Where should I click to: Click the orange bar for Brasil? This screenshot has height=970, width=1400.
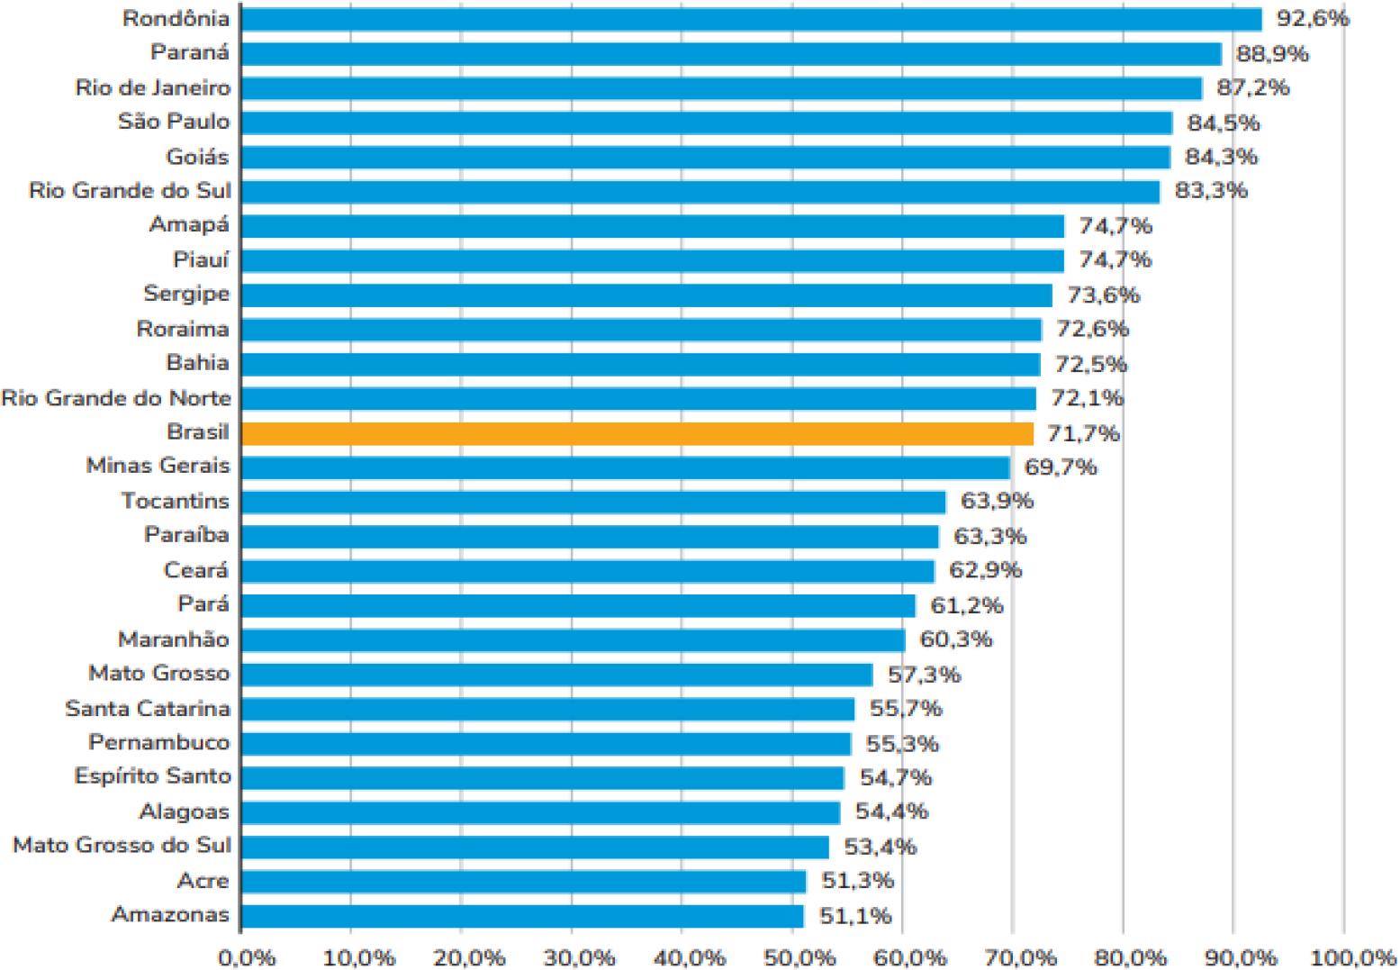637,433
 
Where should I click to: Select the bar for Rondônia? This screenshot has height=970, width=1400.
751,19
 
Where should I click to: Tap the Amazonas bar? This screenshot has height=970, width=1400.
522,916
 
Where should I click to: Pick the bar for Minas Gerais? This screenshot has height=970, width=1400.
626,467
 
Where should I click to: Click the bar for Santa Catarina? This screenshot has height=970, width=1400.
547,709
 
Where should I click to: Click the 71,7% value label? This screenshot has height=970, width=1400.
1083,433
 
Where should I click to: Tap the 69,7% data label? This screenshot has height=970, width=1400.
1061,467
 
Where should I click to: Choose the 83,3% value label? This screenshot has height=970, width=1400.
1211,191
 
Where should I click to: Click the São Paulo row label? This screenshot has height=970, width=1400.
174,122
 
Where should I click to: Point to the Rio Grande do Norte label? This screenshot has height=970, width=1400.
116,398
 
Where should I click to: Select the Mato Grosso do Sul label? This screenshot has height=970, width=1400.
122,846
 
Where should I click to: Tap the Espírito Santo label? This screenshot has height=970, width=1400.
152,776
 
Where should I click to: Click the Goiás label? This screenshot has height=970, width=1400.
197,157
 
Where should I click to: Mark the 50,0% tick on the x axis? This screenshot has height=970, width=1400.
792,957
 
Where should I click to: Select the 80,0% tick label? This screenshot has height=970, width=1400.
1123,957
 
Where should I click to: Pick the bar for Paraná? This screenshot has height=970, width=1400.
731,53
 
